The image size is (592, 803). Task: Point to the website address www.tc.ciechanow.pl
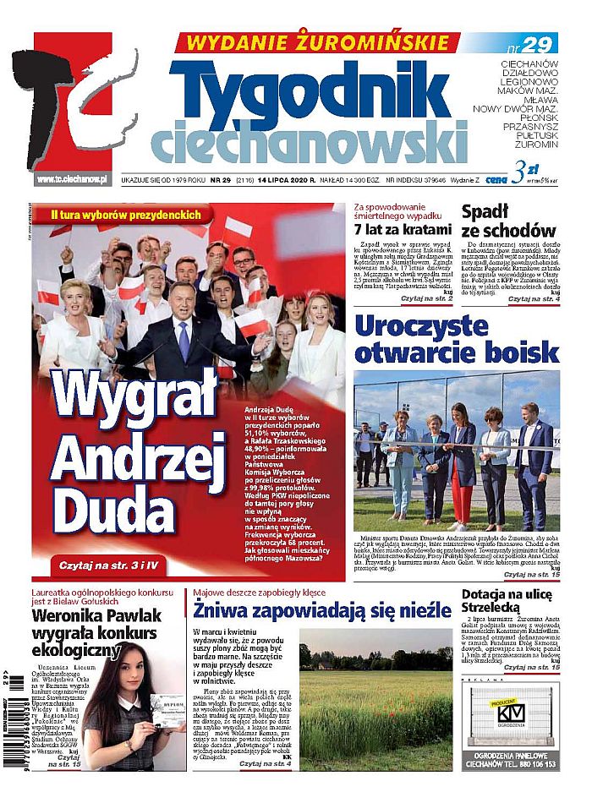point(73,180)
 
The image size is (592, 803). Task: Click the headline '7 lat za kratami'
point(402,230)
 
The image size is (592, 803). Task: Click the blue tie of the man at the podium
point(184,341)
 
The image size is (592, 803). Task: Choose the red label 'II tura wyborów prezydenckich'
point(125,215)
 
